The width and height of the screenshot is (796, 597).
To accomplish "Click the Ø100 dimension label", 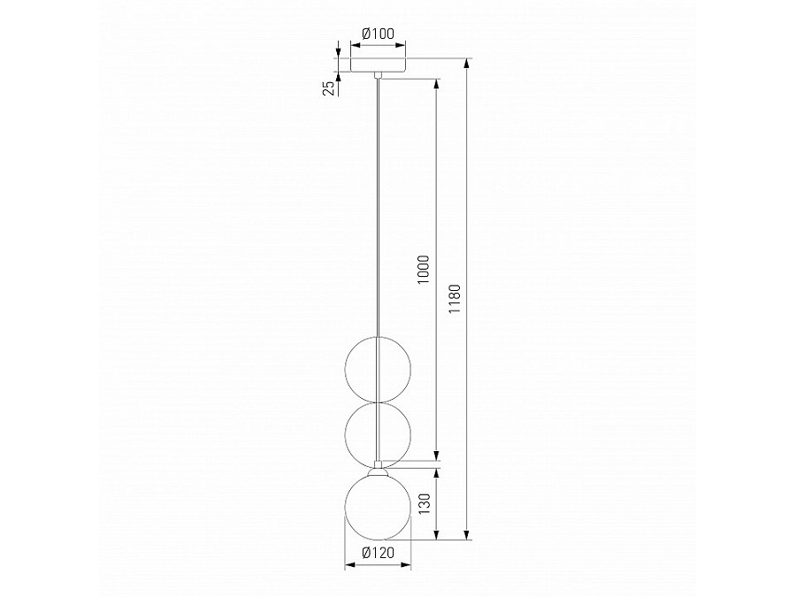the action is (379, 34).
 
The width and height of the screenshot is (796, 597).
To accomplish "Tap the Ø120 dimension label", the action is (379, 552).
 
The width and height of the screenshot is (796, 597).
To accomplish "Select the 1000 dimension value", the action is (424, 270).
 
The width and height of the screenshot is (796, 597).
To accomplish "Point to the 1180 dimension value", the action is (455, 299).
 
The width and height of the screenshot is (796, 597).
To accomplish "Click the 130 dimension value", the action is (425, 503).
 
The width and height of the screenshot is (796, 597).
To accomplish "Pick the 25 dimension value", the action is (330, 88).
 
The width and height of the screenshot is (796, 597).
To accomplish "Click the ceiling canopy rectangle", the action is (379, 65).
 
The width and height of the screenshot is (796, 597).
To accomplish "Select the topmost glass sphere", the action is (378, 369).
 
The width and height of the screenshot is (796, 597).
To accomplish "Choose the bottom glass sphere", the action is (378, 507).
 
